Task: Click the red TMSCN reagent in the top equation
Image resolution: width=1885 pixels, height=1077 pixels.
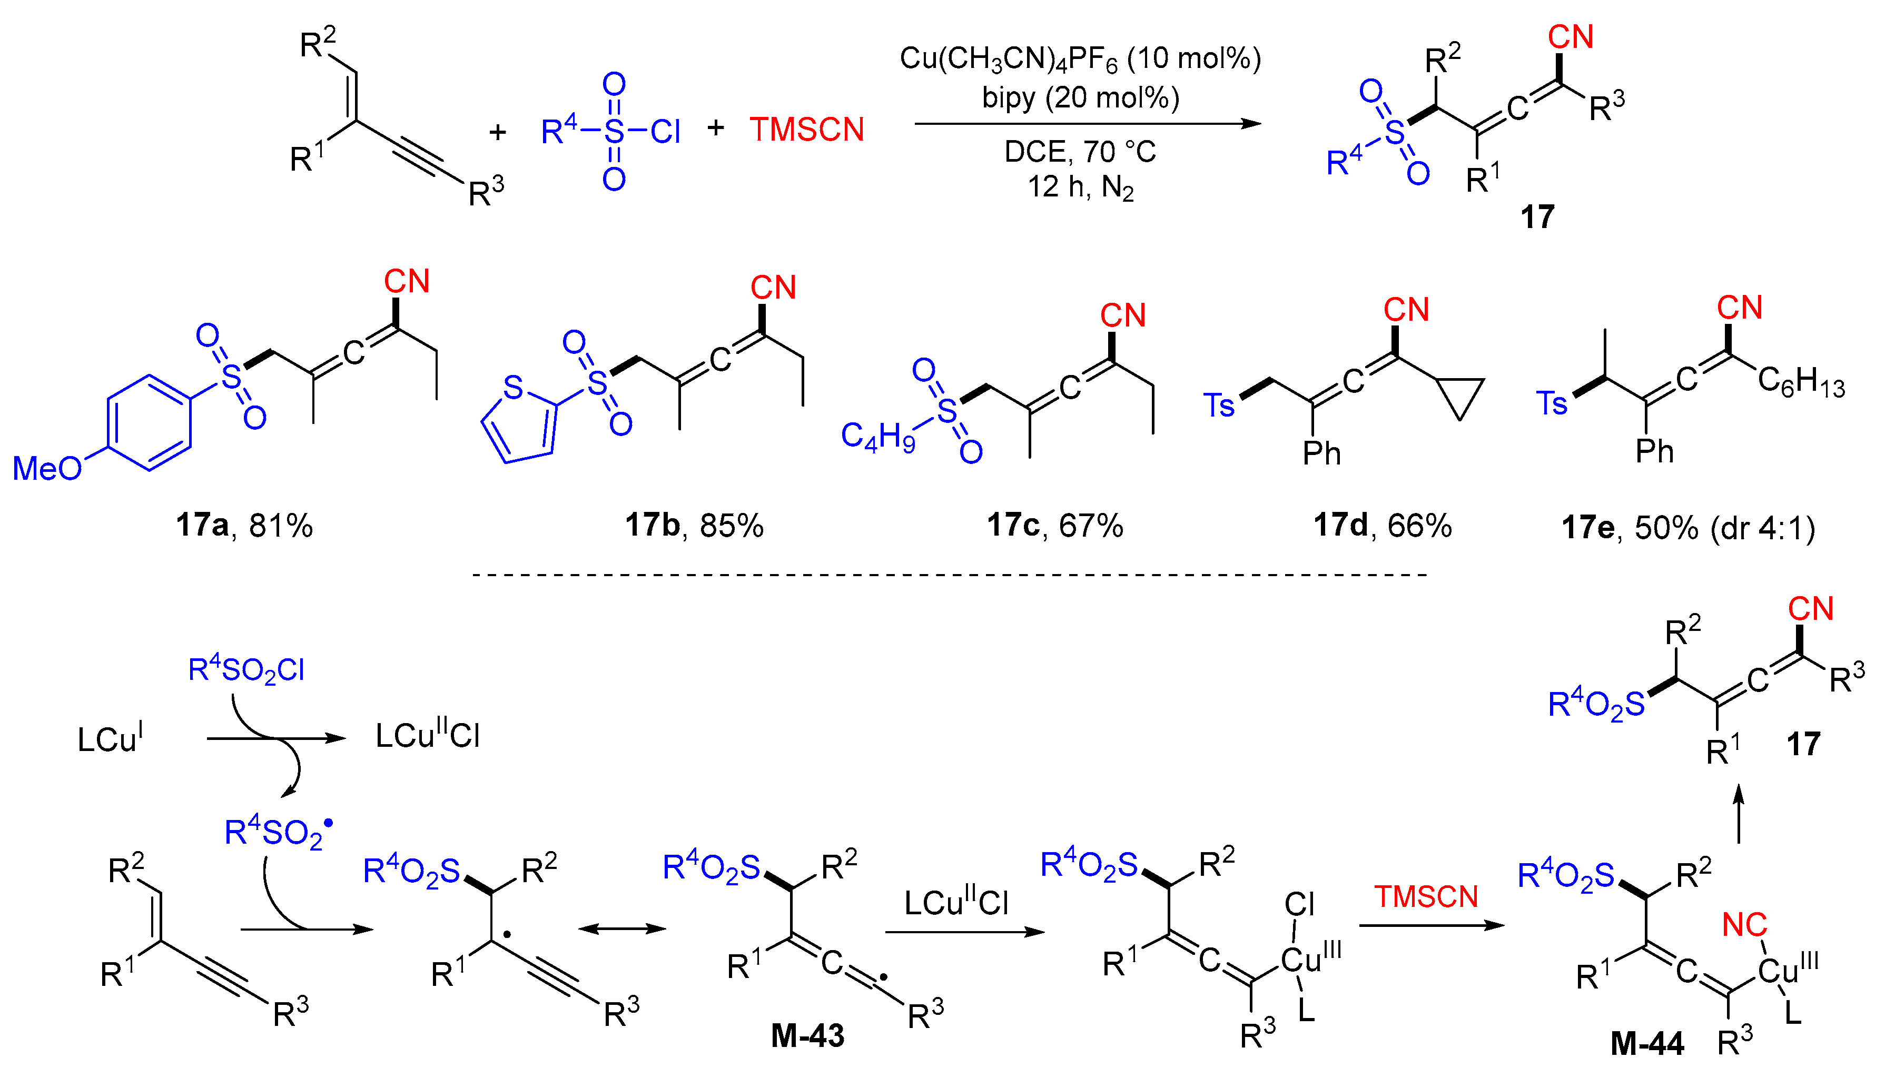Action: (x=806, y=130)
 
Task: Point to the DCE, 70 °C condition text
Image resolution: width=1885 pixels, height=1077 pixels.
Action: (x=1080, y=152)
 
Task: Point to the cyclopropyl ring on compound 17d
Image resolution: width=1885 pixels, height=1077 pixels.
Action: (x=1460, y=395)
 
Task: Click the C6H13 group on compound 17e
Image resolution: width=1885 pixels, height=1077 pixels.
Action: (x=1801, y=382)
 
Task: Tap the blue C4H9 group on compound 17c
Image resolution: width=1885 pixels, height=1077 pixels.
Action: (x=878, y=437)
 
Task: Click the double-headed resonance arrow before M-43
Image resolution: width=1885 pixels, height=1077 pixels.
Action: (x=621, y=929)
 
